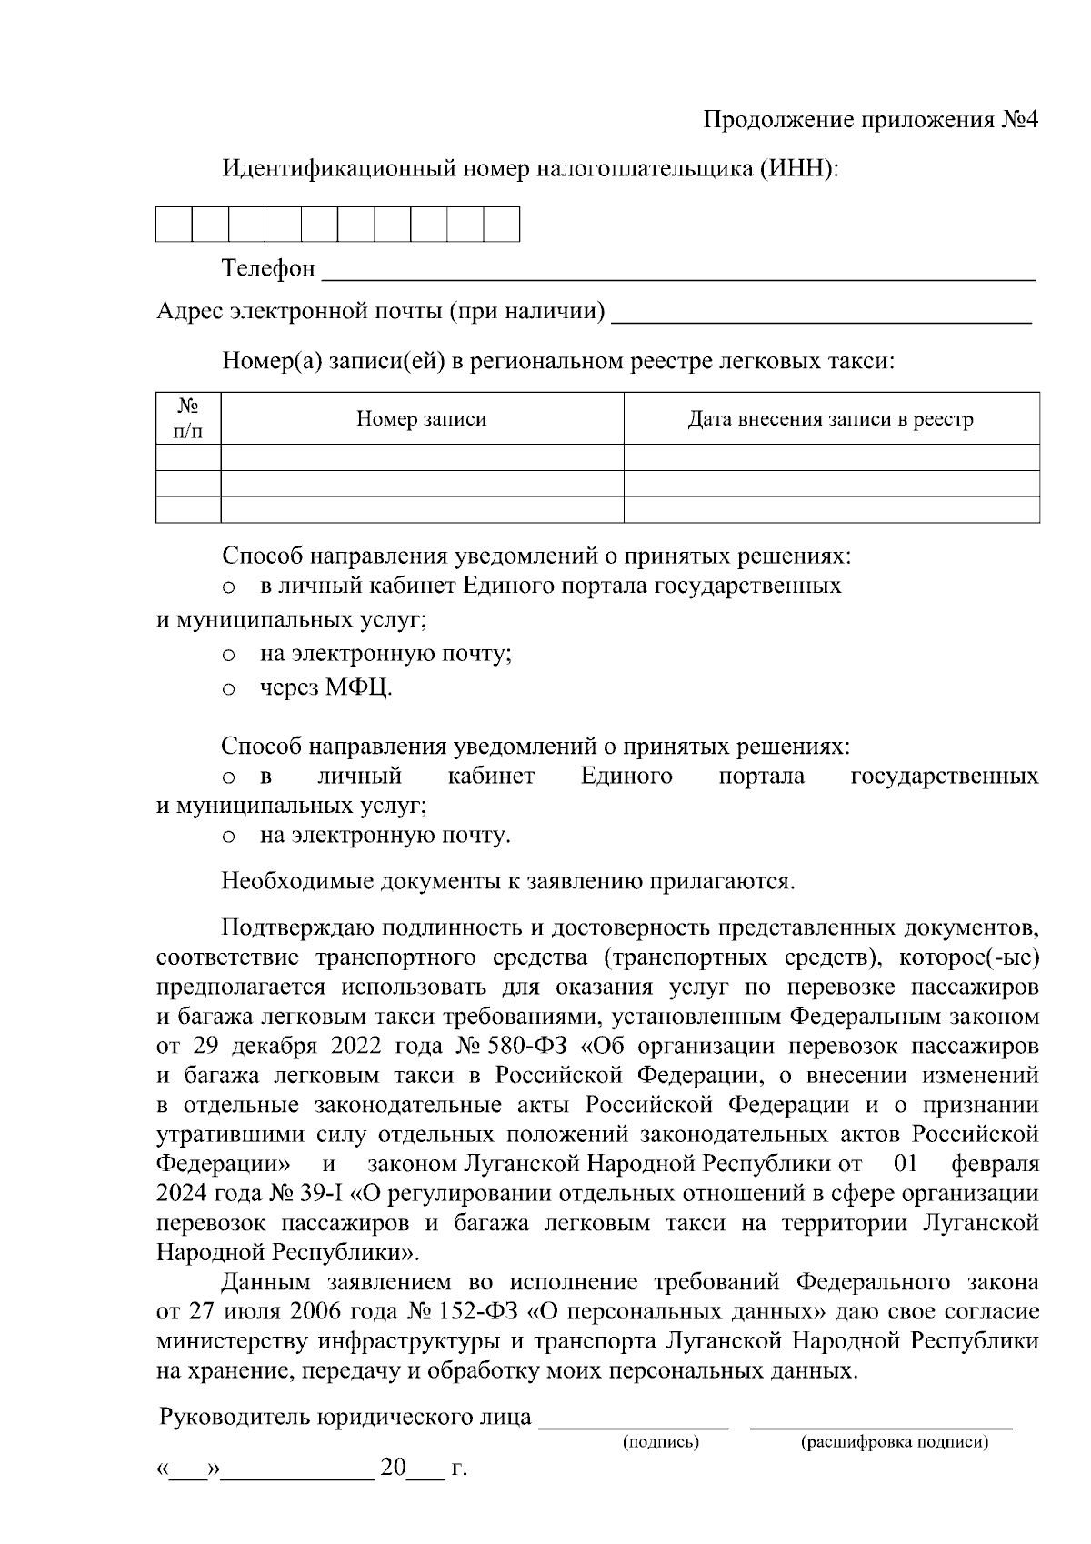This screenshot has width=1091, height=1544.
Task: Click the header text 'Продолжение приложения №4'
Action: point(870,121)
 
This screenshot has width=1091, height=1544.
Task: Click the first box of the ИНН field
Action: point(174,224)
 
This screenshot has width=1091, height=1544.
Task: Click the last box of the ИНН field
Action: point(501,224)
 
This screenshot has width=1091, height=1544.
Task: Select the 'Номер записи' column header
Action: point(421,419)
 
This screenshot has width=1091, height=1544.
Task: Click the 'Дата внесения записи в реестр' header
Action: point(830,419)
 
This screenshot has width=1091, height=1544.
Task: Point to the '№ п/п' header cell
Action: point(188,418)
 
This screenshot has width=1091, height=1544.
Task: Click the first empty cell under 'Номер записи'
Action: point(421,457)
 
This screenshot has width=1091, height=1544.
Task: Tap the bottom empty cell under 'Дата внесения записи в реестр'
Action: point(830,510)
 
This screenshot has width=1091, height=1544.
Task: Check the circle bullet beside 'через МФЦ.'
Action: point(229,689)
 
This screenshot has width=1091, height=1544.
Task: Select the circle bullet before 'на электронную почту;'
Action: point(229,655)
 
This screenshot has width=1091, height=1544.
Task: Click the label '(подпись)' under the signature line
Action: point(661,1442)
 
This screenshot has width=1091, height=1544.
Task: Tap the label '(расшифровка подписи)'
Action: point(894,1442)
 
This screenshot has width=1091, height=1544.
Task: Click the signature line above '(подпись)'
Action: point(634,1424)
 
